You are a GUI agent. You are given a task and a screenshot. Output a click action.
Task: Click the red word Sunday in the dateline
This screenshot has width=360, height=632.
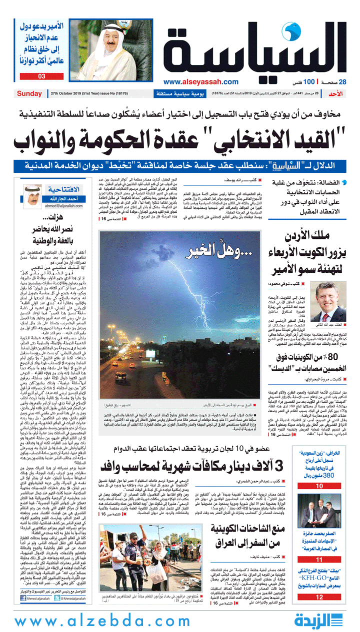coord(29,93)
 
